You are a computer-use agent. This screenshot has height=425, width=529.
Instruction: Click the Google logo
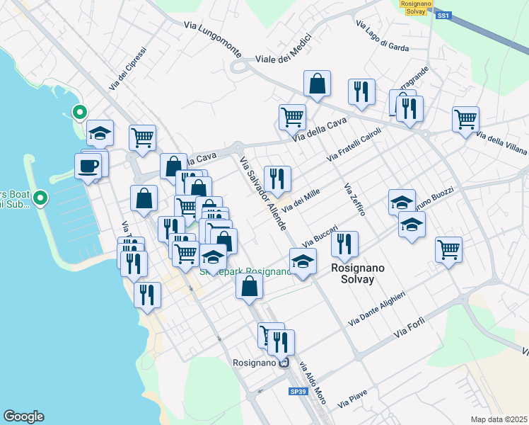(23, 416)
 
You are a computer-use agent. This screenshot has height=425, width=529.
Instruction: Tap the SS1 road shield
(443, 15)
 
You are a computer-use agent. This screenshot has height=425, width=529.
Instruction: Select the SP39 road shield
(298, 391)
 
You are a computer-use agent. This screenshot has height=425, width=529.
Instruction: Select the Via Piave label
(352, 401)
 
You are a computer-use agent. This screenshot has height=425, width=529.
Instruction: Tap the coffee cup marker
(88, 166)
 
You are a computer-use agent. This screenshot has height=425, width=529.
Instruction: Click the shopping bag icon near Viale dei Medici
(318, 83)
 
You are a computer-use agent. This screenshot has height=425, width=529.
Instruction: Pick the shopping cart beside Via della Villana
(465, 119)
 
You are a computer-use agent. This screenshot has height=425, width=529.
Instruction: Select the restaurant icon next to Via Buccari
(344, 244)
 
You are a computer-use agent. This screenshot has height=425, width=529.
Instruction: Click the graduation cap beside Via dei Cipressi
(100, 132)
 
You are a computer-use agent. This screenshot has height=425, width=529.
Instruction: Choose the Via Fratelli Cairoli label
(354, 144)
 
